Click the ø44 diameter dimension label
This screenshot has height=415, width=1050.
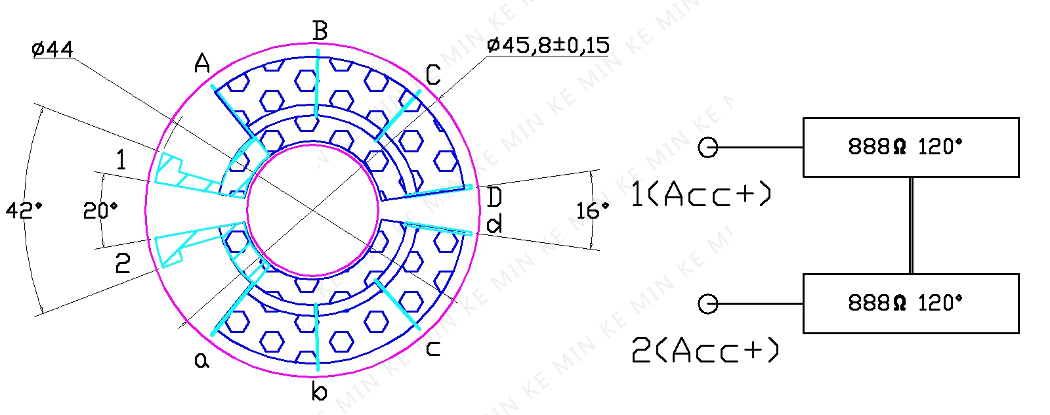pyautogui.click(x=52, y=49)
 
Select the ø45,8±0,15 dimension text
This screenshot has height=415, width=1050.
pyautogui.click(x=548, y=45)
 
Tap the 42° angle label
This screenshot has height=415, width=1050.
pyautogui.click(x=24, y=211)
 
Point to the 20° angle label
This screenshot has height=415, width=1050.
pyautogui.click(x=100, y=211)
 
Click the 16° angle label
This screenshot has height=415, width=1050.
pyautogui.click(x=593, y=211)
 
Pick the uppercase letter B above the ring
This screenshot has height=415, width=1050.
pyautogui.click(x=320, y=31)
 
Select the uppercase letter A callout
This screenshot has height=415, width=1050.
pyautogui.click(x=202, y=63)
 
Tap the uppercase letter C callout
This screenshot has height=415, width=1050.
pyautogui.click(x=433, y=75)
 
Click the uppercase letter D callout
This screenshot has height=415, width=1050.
pyautogui.click(x=495, y=197)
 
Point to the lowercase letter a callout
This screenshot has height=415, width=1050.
pyautogui.click(x=202, y=360)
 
